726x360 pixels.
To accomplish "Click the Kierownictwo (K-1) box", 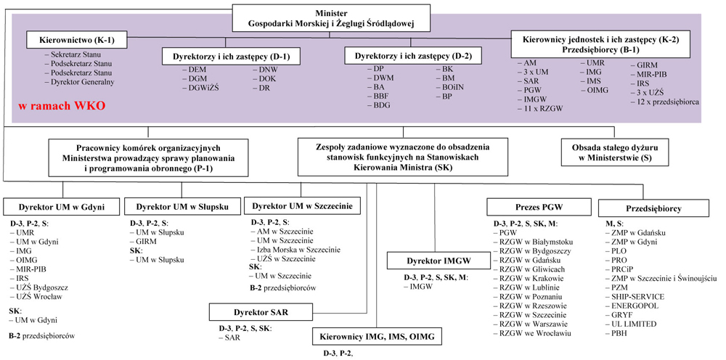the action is [x=77, y=41].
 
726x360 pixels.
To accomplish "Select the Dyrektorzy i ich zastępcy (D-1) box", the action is [x=231, y=57].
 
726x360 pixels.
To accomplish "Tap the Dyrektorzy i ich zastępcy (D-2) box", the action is [x=412, y=57].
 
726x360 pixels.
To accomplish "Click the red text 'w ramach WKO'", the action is [x=62, y=105].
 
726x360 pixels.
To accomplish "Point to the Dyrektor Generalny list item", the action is [x=79, y=82].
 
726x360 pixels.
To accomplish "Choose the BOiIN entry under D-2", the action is [x=449, y=88].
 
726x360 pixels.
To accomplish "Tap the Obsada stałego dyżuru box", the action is [x=608, y=152].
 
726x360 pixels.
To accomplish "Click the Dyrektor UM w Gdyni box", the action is [x=61, y=207].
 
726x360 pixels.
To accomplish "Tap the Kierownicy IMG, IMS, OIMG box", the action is [x=377, y=336].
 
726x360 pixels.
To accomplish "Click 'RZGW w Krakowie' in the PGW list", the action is [x=529, y=278].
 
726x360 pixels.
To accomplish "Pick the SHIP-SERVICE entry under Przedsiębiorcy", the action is [x=635, y=297].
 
